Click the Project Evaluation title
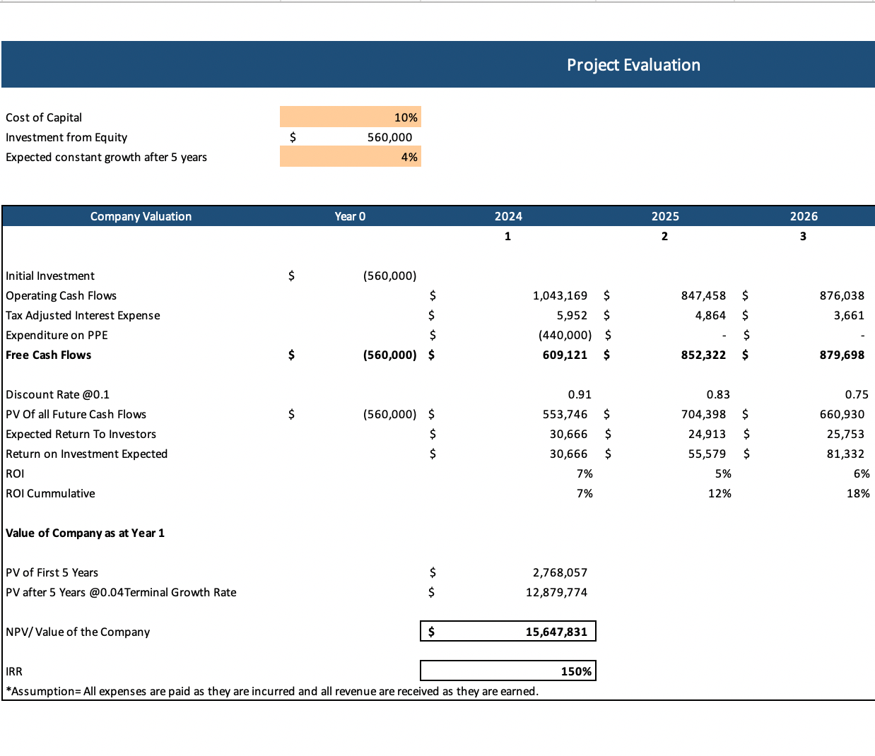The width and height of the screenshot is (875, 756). click(633, 65)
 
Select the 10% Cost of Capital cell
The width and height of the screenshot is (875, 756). click(405, 117)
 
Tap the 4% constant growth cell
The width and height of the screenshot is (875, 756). click(409, 157)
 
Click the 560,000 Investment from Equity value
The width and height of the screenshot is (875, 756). click(389, 137)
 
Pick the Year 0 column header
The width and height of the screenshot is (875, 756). click(350, 216)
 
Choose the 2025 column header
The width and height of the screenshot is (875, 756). click(665, 216)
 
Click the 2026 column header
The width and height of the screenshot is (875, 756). click(804, 216)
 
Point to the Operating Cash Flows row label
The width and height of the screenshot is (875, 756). click(61, 295)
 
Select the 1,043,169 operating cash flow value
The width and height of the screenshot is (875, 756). click(560, 295)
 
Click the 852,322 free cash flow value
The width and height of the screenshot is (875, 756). click(703, 355)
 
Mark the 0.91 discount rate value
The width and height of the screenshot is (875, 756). click(580, 394)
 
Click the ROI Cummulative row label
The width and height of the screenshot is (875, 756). click(50, 493)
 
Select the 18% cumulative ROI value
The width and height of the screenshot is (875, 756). click(858, 493)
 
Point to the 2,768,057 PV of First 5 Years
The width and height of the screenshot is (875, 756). click(560, 572)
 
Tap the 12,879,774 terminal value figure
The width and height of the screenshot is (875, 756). click(556, 592)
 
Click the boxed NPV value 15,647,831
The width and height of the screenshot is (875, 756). click(556, 632)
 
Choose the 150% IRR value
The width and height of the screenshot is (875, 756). click(576, 671)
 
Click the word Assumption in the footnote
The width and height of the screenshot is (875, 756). click(45, 691)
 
